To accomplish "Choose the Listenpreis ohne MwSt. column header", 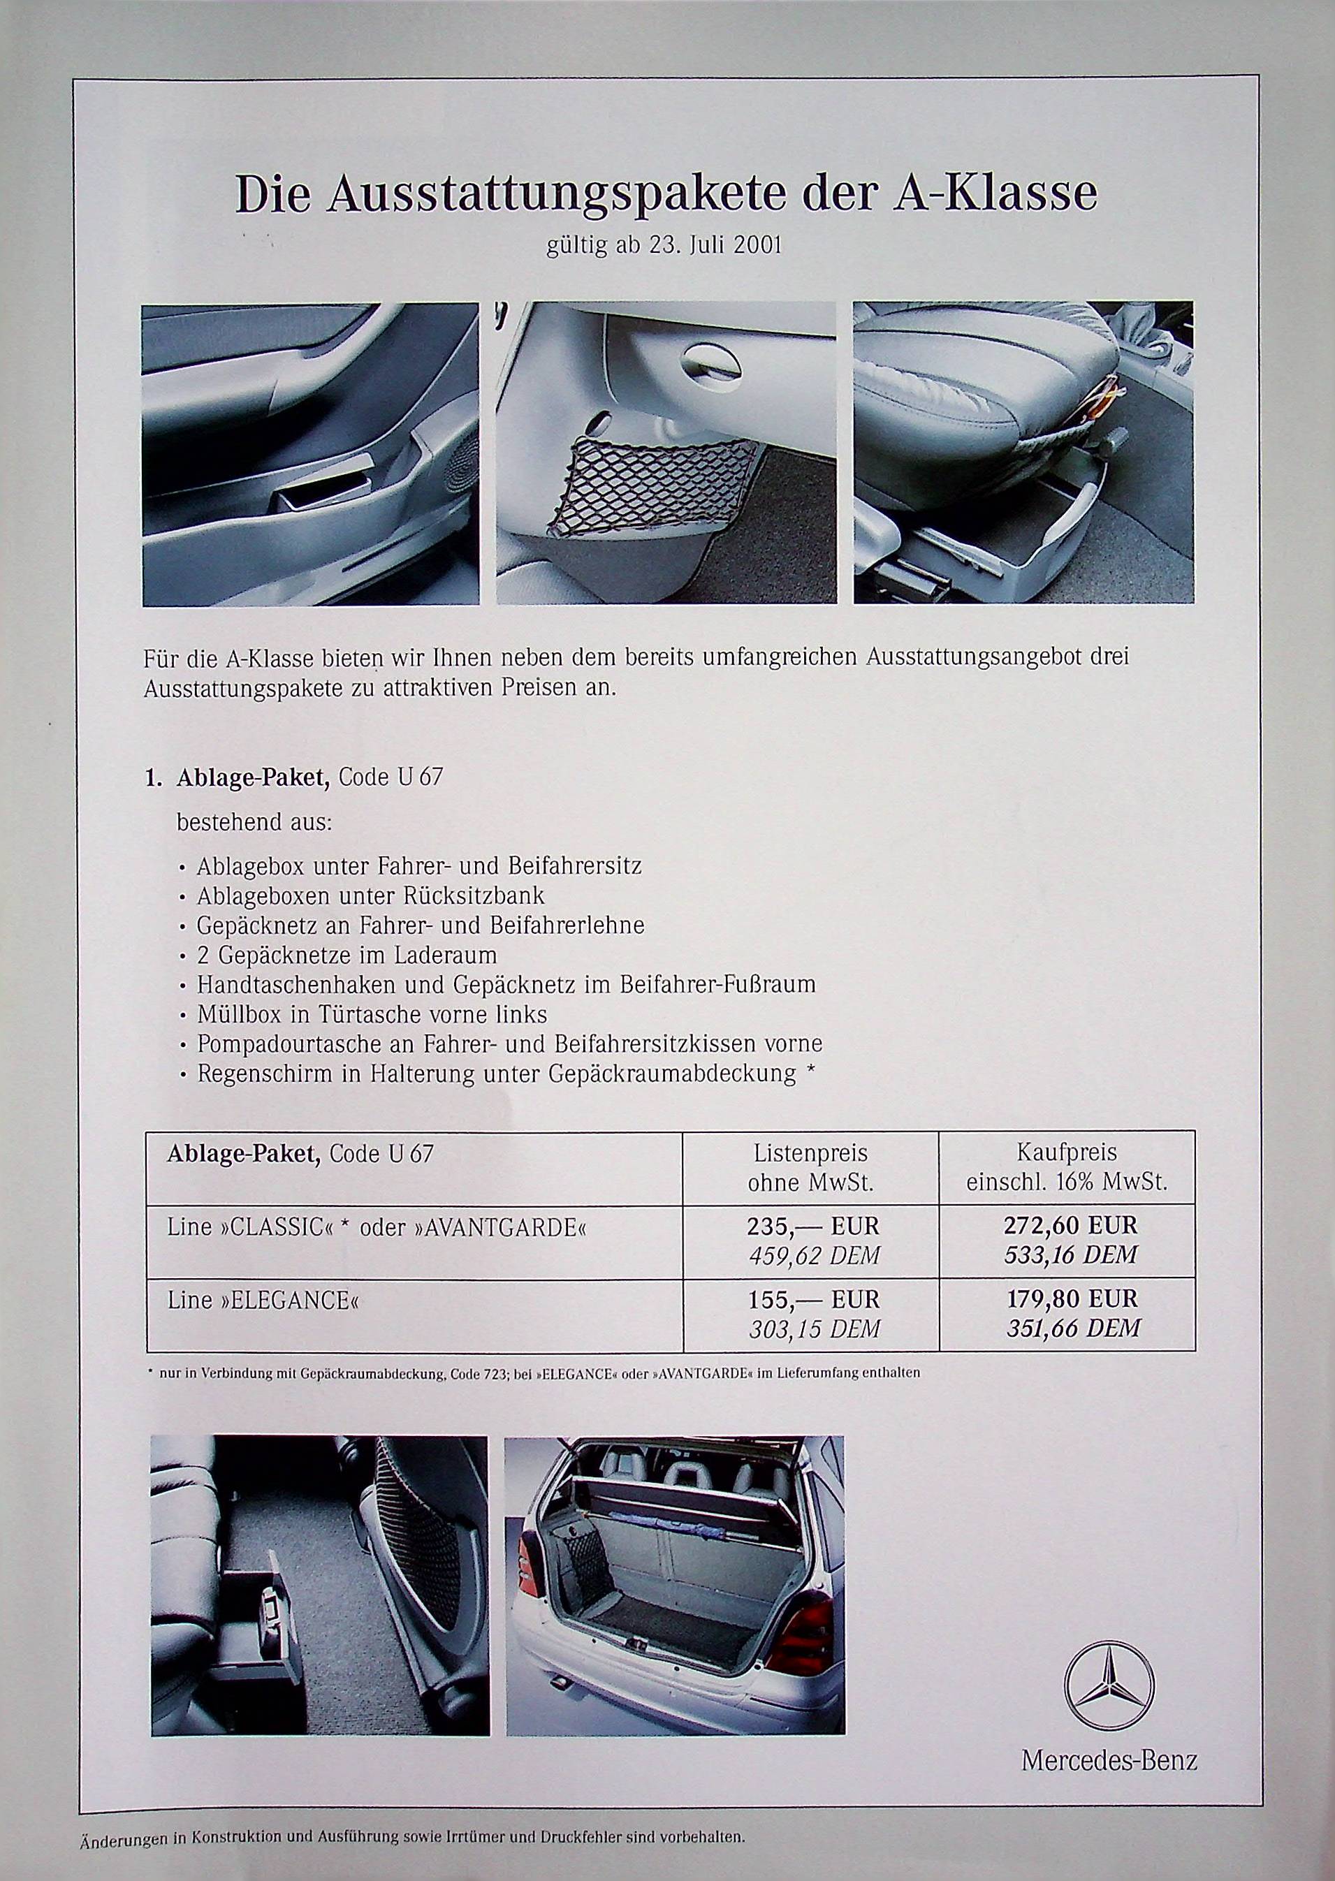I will pyautogui.click(x=810, y=1168).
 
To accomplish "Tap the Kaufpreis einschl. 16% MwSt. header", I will pyautogui.click(x=1067, y=1168).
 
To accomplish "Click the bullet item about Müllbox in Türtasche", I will pyautogui.click(x=372, y=1014).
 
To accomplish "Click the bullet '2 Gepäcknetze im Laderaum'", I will pyautogui.click(x=346, y=955).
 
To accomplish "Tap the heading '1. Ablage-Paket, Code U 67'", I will pyautogui.click(x=293, y=778).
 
